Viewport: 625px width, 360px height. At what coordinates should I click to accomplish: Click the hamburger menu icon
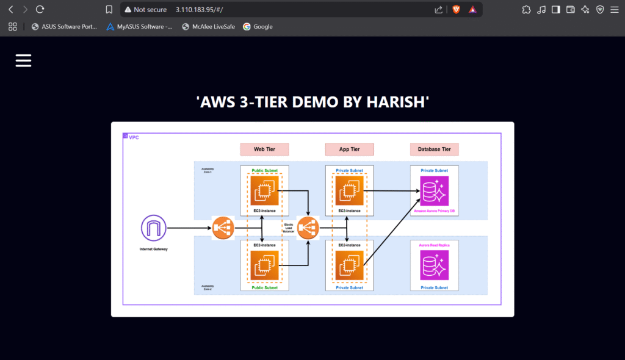pos(23,60)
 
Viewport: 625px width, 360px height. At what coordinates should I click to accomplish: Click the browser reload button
pos(40,10)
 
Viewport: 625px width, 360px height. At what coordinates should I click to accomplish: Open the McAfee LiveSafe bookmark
pos(208,27)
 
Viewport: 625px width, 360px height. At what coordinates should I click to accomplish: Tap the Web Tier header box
pos(264,149)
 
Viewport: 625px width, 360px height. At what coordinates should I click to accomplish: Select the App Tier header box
pos(349,149)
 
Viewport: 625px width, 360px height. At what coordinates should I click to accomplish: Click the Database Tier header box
pos(434,149)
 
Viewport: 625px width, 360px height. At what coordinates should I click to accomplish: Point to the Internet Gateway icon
pos(153,228)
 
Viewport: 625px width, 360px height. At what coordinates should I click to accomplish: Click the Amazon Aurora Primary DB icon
pos(434,191)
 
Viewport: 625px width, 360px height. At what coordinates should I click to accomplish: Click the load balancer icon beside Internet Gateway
pos(223,228)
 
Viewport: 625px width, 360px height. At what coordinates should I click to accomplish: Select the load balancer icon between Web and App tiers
pos(308,228)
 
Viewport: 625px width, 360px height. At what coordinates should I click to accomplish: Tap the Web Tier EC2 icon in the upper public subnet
pos(264,191)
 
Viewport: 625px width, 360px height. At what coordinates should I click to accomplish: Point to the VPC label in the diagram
pos(134,137)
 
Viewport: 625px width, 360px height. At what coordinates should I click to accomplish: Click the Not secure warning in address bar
pos(145,10)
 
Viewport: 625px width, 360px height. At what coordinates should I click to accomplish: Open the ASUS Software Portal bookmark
pos(64,27)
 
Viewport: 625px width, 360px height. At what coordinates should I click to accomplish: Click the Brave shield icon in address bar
pos(456,10)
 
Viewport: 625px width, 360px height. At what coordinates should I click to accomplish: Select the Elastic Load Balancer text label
pos(289,228)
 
